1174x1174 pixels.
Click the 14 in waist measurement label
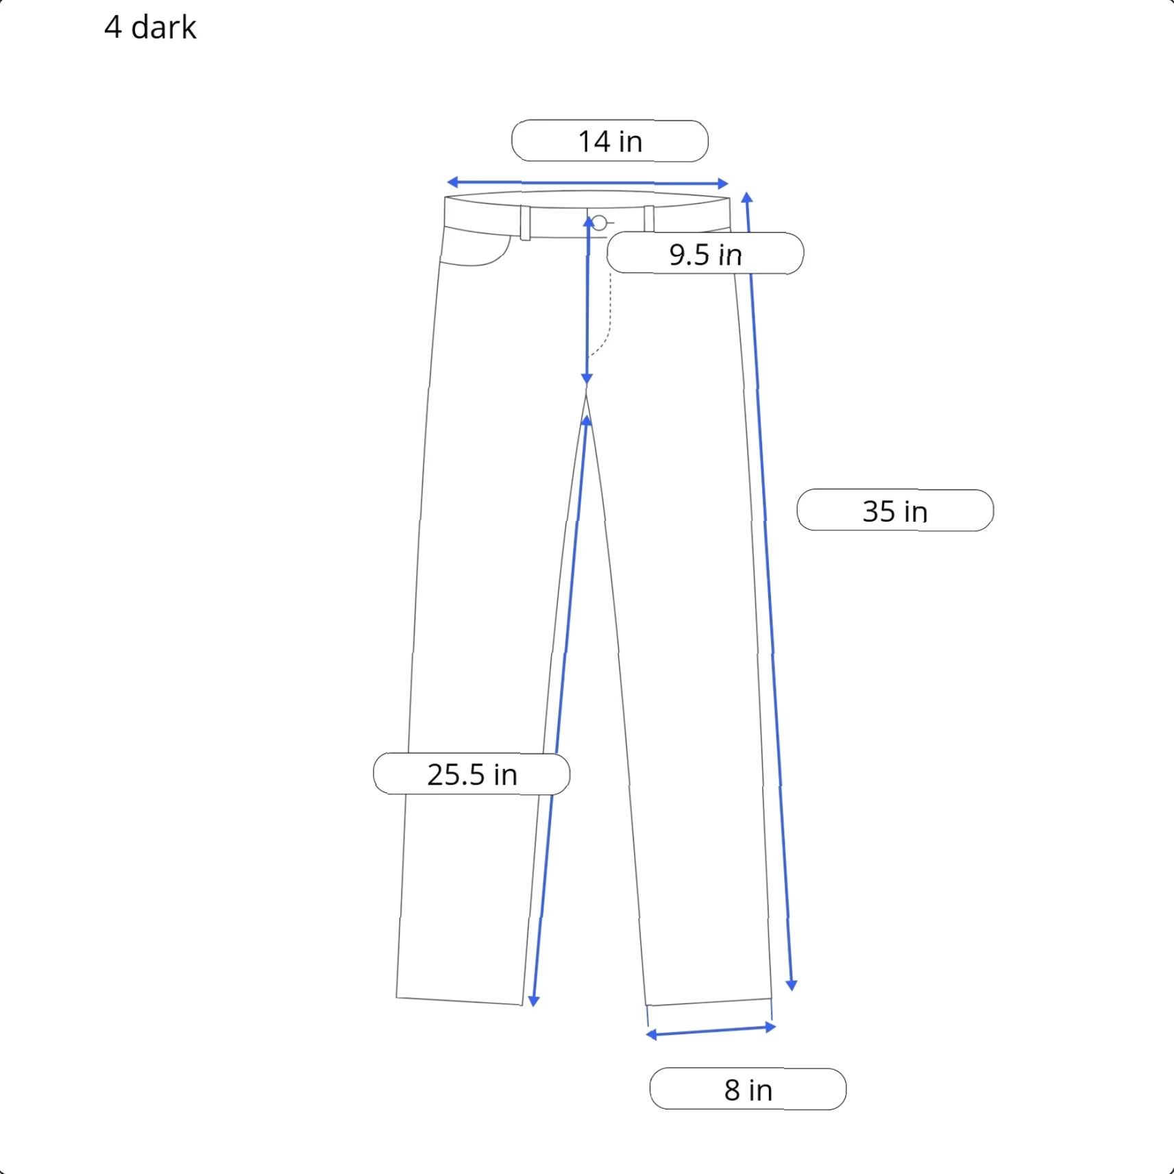610,141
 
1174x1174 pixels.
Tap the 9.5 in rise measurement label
705,254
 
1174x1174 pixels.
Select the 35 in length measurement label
895,511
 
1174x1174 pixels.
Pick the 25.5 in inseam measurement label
472,774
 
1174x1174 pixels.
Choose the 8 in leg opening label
748,1089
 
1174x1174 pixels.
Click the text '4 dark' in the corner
150,27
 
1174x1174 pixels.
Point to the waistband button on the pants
599,223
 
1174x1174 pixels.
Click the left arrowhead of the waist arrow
452,182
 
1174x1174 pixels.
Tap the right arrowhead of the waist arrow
722,184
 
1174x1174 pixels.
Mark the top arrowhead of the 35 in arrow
747,198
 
